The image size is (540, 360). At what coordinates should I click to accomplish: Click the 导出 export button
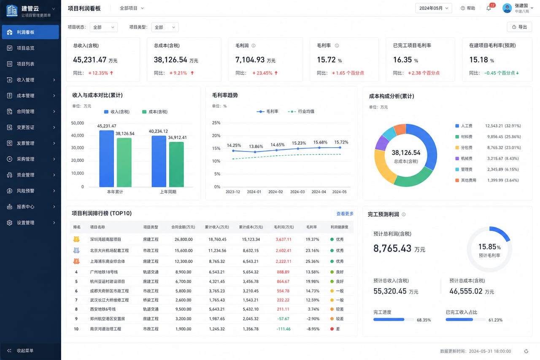point(519,27)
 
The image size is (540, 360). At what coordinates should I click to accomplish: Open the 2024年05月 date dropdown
point(433,8)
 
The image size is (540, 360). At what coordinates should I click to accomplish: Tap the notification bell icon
point(489,8)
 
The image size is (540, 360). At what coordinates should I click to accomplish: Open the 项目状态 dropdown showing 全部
point(104,27)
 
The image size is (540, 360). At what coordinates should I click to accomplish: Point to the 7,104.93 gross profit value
point(250,60)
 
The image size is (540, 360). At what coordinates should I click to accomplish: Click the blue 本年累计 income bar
point(107,159)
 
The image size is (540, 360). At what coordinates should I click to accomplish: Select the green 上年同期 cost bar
point(176,165)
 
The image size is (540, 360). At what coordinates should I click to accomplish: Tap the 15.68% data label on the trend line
point(320,142)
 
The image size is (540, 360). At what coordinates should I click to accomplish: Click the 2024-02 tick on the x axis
point(275,192)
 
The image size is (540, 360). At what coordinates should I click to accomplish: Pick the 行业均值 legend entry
point(301,111)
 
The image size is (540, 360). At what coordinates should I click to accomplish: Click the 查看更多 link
point(345,214)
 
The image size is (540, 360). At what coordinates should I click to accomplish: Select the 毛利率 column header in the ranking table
point(311,227)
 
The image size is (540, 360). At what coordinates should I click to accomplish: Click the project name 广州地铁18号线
point(104,272)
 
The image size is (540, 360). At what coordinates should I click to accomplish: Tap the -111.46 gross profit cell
point(283,329)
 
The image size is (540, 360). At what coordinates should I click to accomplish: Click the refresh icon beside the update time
point(526,351)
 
